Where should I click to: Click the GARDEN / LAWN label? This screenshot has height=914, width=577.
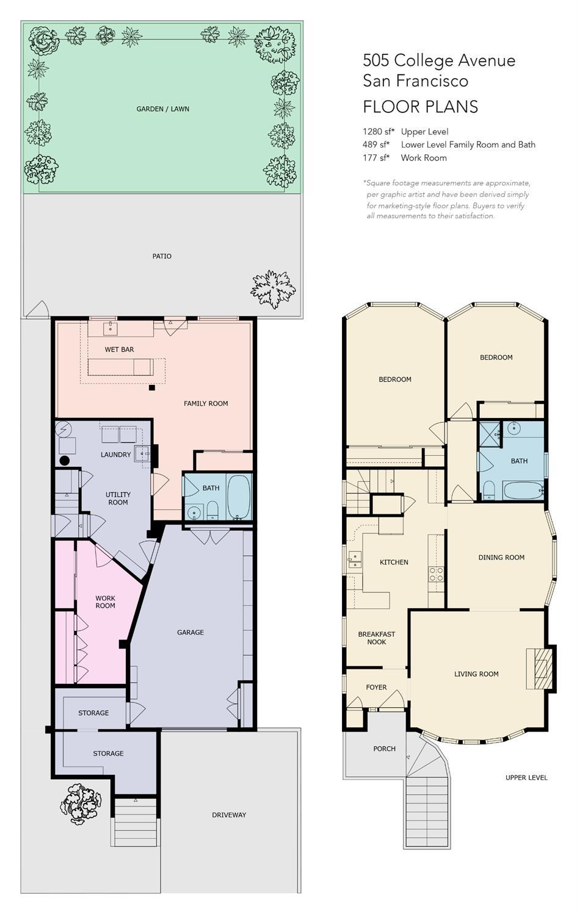click(x=162, y=109)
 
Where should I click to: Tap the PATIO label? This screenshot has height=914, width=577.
click(x=162, y=256)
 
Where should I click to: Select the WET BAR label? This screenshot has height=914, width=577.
click(x=119, y=349)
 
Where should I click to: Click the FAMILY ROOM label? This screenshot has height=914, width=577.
click(x=206, y=403)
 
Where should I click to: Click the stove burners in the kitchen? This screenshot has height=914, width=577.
click(x=436, y=574)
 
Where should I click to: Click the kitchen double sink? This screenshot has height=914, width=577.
click(x=355, y=560)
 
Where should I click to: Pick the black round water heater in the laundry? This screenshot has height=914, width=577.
click(x=65, y=461)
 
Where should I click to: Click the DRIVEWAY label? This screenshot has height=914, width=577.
click(x=229, y=815)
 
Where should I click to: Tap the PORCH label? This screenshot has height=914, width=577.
click(x=384, y=749)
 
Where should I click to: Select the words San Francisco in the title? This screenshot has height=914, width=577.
click(x=415, y=81)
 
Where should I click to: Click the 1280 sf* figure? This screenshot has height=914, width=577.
click(x=379, y=132)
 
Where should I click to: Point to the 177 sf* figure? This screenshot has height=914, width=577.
click(x=376, y=158)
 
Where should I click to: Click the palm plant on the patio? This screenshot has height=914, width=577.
click(x=273, y=289)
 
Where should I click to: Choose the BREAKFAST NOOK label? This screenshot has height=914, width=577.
click(x=377, y=638)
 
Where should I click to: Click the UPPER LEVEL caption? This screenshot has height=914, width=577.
click(x=526, y=777)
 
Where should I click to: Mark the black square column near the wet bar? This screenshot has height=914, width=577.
click(x=152, y=388)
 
